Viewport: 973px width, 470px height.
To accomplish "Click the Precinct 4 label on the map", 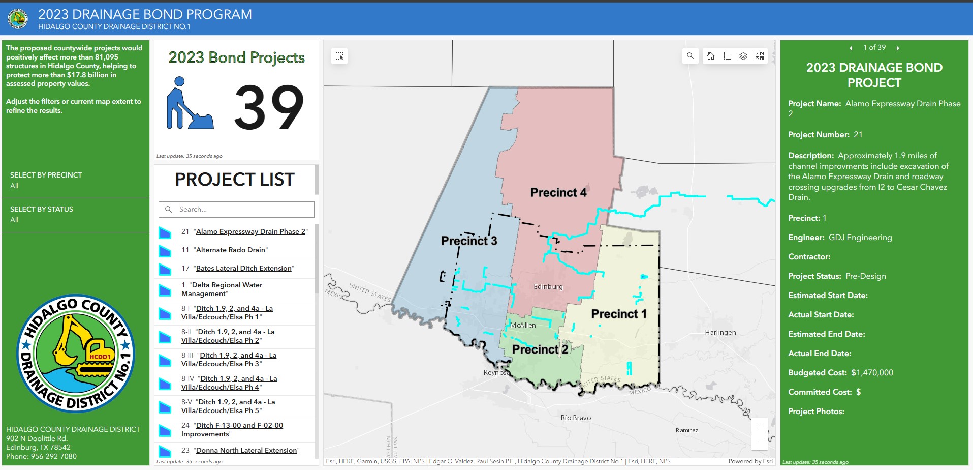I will [558, 193].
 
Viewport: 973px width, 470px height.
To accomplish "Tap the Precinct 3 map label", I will [468, 241].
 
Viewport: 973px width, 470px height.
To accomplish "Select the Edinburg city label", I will [548, 286].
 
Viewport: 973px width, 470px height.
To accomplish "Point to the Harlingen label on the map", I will [720, 332].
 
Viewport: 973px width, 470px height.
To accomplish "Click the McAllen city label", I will [522, 325].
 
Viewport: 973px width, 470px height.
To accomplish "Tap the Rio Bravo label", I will [575, 418].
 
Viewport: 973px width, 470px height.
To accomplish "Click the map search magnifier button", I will [690, 56].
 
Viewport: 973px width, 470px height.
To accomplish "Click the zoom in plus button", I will [759, 426].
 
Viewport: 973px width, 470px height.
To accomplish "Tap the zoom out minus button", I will [759, 443].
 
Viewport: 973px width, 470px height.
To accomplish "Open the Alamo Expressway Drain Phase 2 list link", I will [250, 231].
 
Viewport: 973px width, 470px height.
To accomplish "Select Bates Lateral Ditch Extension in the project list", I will [243, 268].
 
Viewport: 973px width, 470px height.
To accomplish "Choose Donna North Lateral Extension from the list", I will [246, 450].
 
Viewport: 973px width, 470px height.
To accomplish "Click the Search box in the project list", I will [237, 209].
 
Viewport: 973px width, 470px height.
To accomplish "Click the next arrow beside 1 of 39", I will [898, 48].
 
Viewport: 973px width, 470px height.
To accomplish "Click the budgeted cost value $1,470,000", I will [872, 372].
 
